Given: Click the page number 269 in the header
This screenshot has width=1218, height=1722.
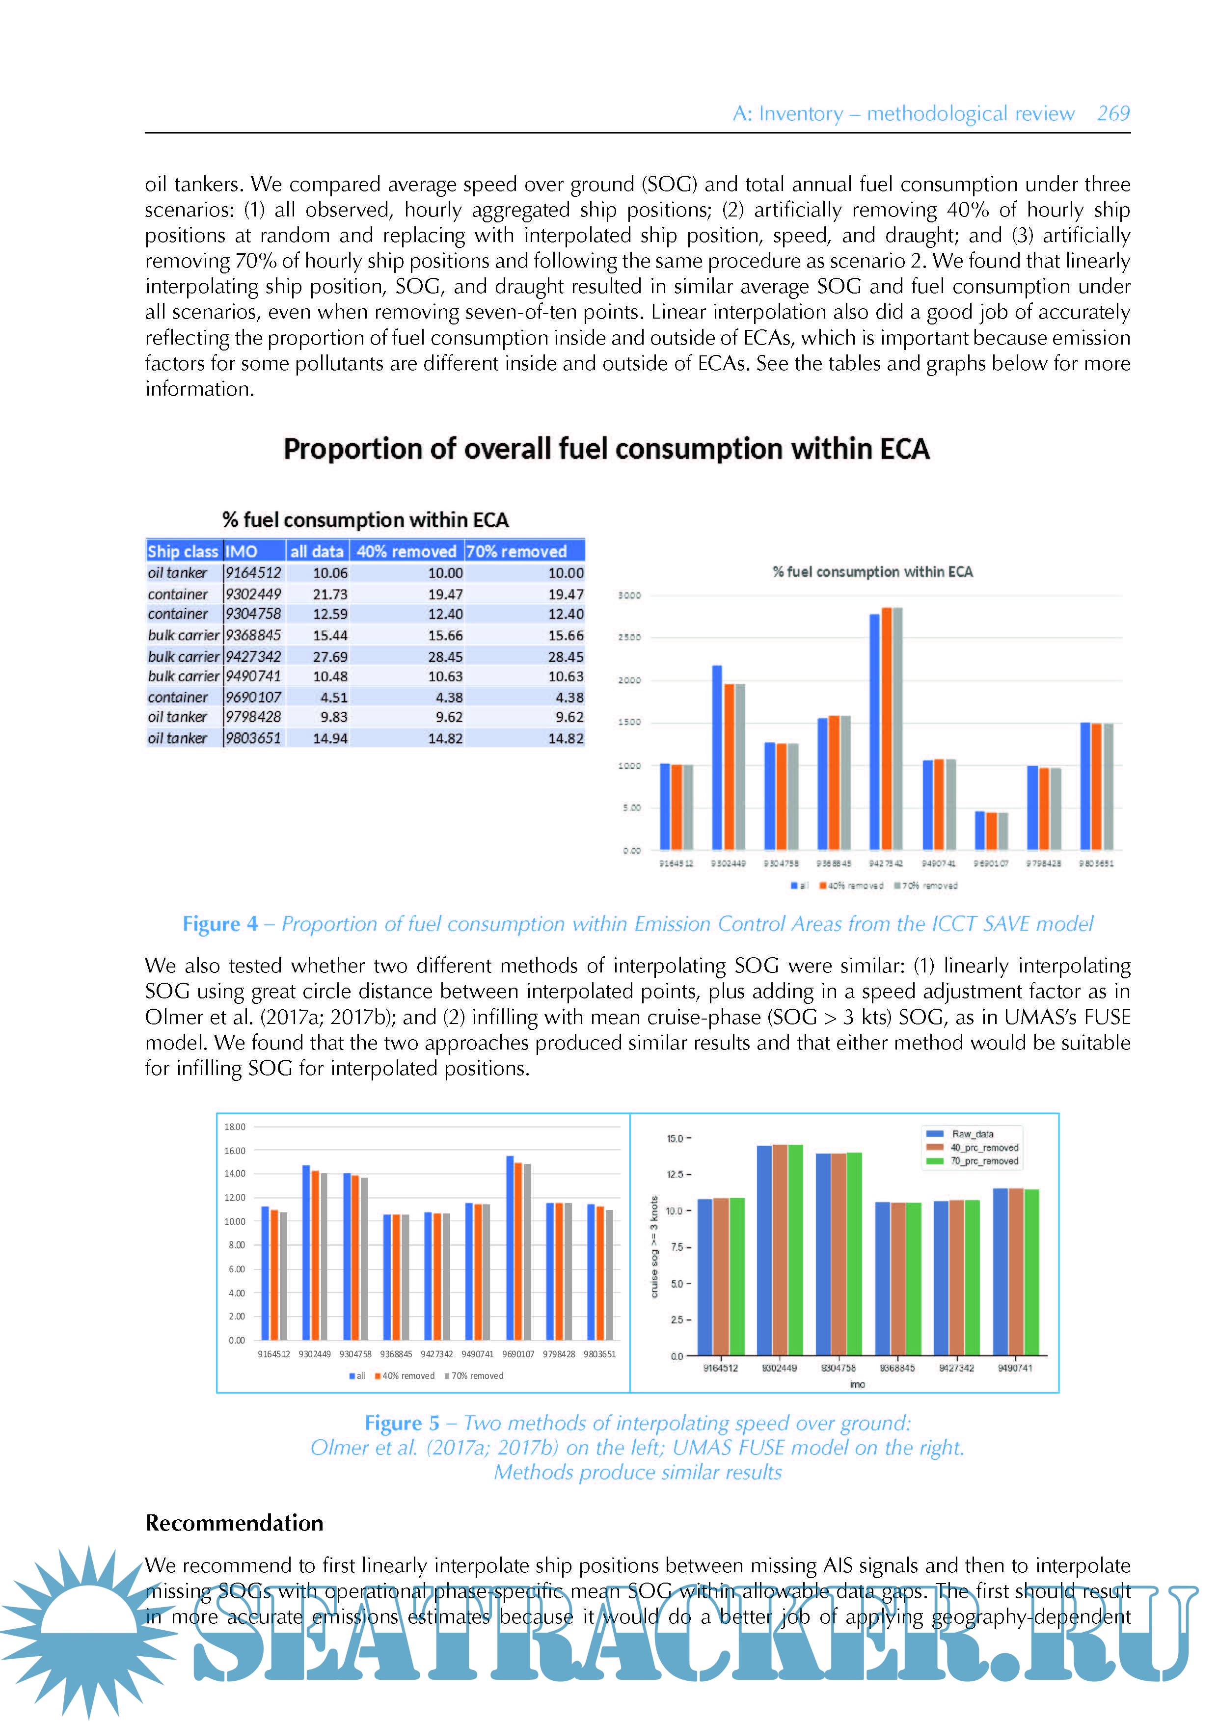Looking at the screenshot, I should pyautogui.click(x=1113, y=114).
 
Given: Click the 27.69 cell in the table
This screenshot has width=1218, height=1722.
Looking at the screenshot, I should pyautogui.click(x=330, y=656).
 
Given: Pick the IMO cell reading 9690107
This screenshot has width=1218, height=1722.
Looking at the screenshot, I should pyautogui.click(x=253, y=697).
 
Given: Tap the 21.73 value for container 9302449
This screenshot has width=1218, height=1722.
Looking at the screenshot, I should pyautogui.click(x=330, y=594).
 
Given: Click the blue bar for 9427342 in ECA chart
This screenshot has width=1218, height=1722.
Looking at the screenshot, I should pyautogui.click(x=874, y=731).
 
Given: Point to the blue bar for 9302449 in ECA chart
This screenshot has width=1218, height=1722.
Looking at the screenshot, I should pyautogui.click(x=717, y=757).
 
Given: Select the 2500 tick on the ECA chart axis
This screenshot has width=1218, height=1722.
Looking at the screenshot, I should pyautogui.click(x=629, y=638).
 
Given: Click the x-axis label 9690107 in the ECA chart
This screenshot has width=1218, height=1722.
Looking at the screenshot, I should pyautogui.click(x=991, y=863).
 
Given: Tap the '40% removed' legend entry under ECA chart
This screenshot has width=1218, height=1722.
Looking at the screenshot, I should pyautogui.click(x=851, y=886).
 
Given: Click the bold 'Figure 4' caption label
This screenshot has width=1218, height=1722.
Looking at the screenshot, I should pyautogui.click(x=220, y=924).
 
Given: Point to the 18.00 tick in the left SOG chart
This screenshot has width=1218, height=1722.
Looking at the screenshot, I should pyautogui.click(x=235, y=1127).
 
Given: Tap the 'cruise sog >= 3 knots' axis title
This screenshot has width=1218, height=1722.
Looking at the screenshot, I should pyautogui.click(x=654, y=1246).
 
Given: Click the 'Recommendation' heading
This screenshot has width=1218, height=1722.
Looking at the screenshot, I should pyautogui.click(x=234, y=1523).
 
